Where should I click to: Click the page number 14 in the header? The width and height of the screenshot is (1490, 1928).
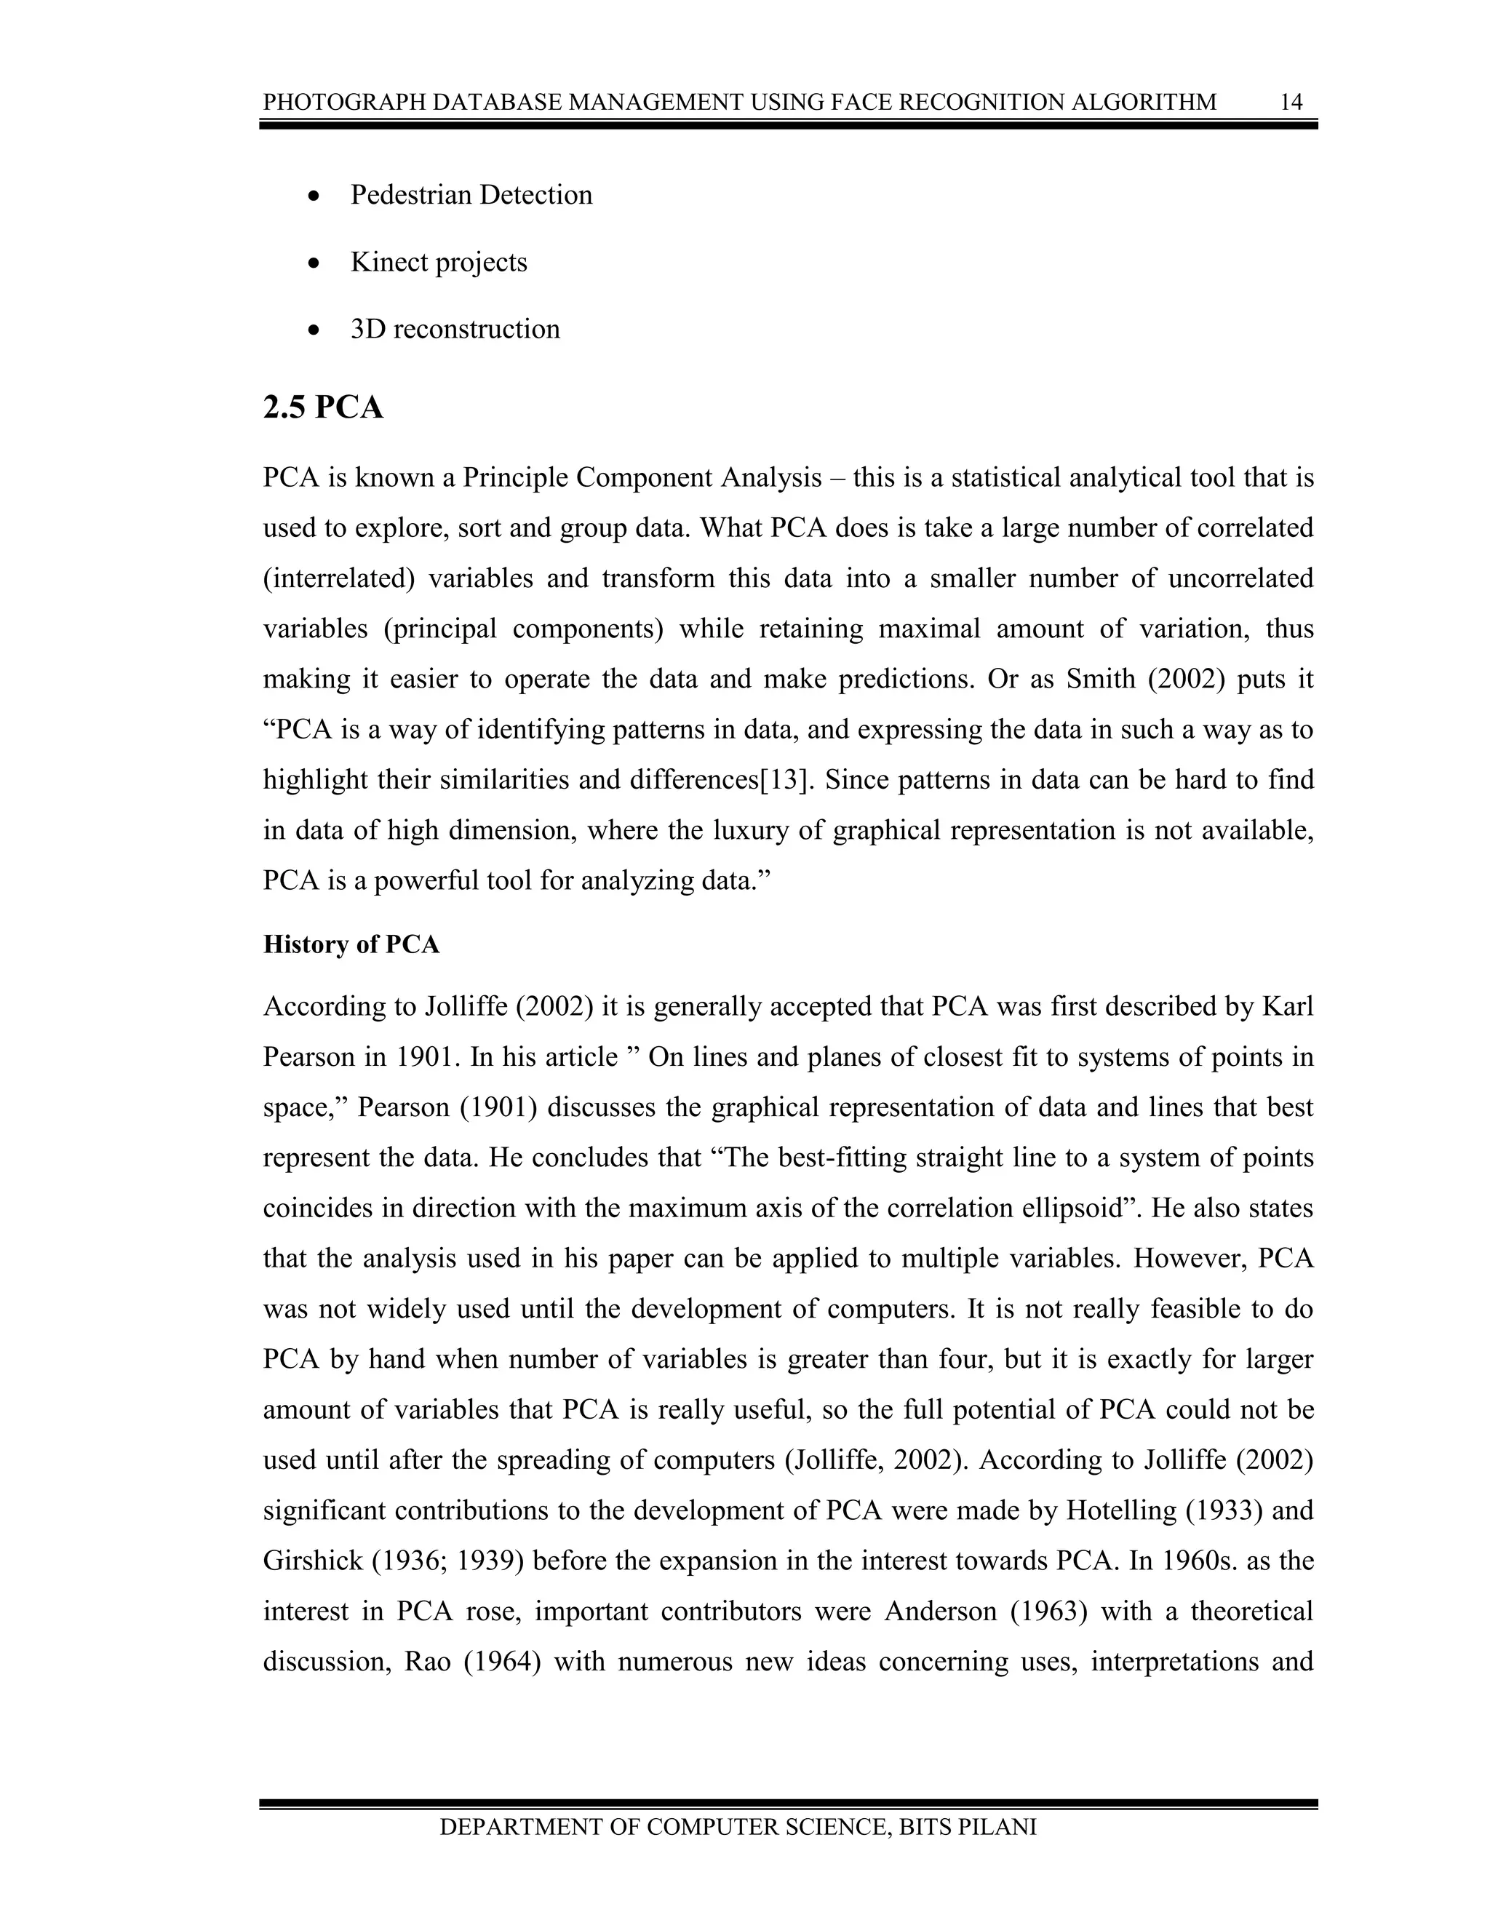(x=1291, y=103)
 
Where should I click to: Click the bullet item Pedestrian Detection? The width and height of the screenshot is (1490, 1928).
(x=471, y=195)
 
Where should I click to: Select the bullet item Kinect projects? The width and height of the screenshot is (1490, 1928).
(x=438, y=262)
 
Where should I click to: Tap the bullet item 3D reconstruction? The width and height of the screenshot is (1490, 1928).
(x=455, y=330)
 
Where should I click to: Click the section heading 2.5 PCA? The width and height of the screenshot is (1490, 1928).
(x=323, y=408)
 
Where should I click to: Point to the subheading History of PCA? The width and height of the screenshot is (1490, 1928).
(x=351, y=944)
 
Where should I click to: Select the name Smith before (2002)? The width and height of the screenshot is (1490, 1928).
(x=1101, y=680)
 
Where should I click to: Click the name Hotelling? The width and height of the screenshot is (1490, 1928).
(x=1121, y=1510)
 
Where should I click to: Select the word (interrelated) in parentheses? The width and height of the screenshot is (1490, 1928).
(x=339, y=579)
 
